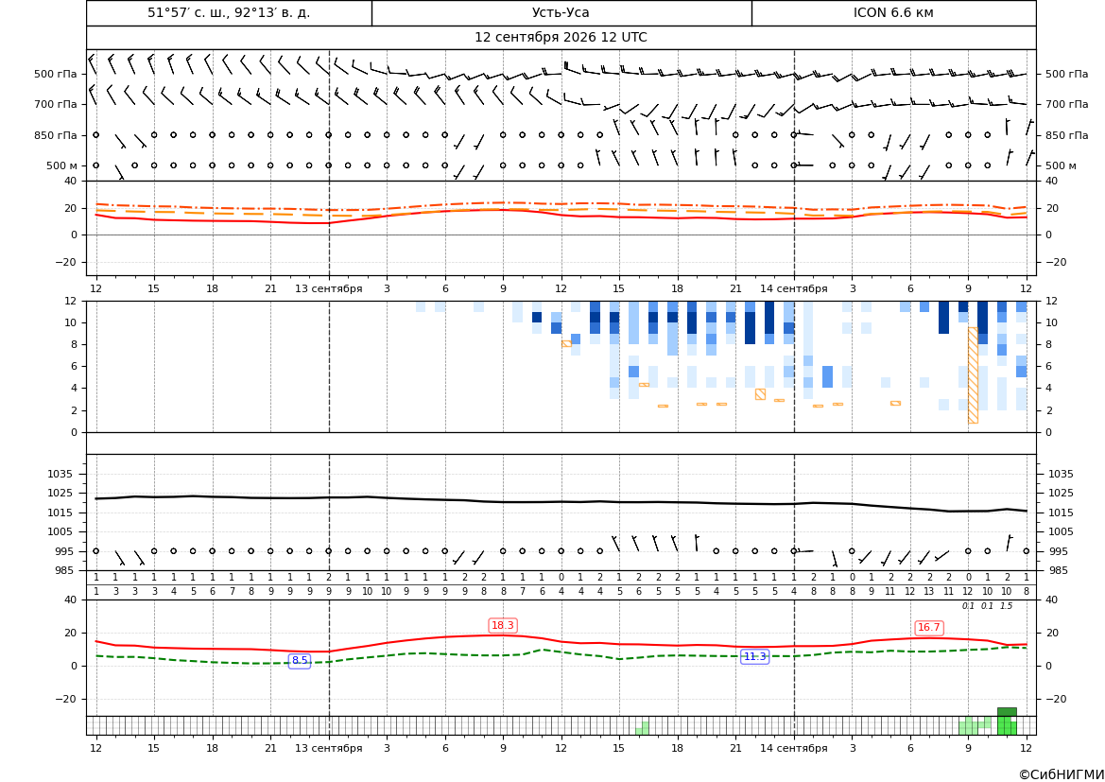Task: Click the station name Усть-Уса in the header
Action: tap(561, 12)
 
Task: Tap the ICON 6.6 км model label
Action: tap(893, 12)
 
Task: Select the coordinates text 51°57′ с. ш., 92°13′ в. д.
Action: tap(229, 12)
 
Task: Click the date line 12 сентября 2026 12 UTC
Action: tap(561, 38)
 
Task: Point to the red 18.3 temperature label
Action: tap(503, 625)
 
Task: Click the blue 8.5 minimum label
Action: tap(300, 661)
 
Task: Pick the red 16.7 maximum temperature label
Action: tap(929, 628)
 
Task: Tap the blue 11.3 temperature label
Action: tap(754, 656)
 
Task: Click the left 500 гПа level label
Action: tap(56, 74)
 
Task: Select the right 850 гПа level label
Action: tap(1067, 135)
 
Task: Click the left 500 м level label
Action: tap(62, 165)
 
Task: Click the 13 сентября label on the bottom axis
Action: tap(328, 748)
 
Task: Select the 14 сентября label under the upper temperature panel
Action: tap(793, 288)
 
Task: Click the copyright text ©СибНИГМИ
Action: tap(1061, 774)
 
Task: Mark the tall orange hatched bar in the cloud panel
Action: tap(973, 375)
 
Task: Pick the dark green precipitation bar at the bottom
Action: tap(1007, 712)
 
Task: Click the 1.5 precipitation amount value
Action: tap(1007, 606)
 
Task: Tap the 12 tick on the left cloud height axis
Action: tap(71, 301)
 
